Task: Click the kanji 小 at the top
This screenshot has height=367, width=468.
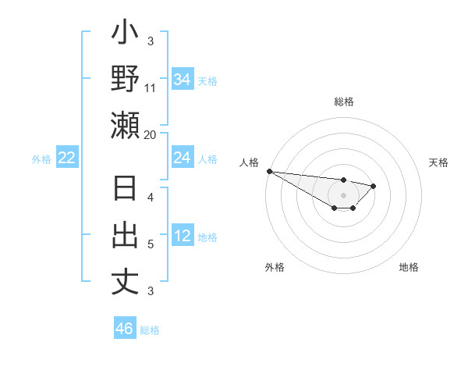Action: (125, 36)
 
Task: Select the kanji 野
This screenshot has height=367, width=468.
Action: (125, 80)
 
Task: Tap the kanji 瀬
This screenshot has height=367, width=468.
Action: (125, 125)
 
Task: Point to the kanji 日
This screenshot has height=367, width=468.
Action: (125, 191)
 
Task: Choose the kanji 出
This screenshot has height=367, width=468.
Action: (125, 236)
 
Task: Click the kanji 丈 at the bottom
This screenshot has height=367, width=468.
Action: (125, 280)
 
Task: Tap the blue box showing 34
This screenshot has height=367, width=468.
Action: (182, 80)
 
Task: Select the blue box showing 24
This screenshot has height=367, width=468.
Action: (182, 158)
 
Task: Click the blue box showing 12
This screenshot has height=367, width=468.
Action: (182, 236)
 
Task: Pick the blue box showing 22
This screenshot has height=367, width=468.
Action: (67, 158)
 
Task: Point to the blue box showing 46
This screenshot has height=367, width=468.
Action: (125, 328)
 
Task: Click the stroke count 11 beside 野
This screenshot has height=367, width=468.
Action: (151, 88)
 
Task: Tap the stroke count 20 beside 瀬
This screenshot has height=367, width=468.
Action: (151, 134)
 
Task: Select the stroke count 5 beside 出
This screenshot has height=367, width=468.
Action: (151, 244)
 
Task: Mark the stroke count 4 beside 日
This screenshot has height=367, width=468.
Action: (151, 198)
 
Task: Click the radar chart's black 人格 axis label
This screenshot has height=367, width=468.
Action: (249, 162)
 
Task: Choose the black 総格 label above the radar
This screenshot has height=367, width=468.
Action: (343, 102)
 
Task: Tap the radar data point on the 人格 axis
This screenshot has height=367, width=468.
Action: (269, 171)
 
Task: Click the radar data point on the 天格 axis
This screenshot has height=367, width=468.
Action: (374, 186)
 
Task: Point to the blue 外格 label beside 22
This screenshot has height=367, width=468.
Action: (41, 159)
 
